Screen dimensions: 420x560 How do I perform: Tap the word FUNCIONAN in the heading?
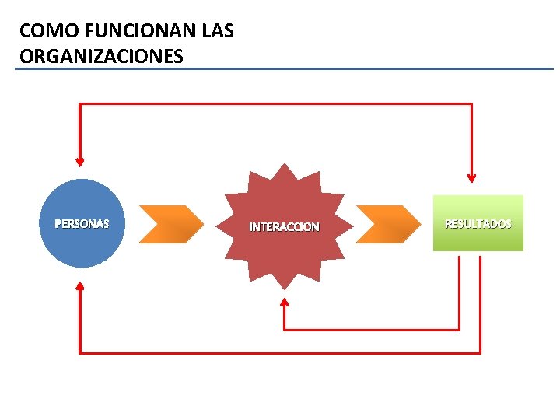click(x=119, y=32)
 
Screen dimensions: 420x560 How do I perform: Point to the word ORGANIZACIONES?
click(x=101, y=56)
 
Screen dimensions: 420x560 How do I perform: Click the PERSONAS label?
click(x=82, y=224)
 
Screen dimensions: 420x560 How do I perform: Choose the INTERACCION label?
click(x=284, y=227)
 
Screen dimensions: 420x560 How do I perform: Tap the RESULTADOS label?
click(x=478, y=224)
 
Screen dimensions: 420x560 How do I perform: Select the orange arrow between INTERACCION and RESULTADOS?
click(x=388, y=224)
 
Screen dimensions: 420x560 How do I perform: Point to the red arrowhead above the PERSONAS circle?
click(x=79, y=161)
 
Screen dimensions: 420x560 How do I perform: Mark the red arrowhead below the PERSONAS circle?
click(x=79, y=286)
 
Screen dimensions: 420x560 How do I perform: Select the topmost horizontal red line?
click(x=275, y=103)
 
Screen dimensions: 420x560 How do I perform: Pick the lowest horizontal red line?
click(x=280, y=353)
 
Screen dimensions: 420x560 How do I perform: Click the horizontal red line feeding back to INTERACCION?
click(x=372, y=330)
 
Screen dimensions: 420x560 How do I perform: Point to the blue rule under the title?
click(x=284, y=69)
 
